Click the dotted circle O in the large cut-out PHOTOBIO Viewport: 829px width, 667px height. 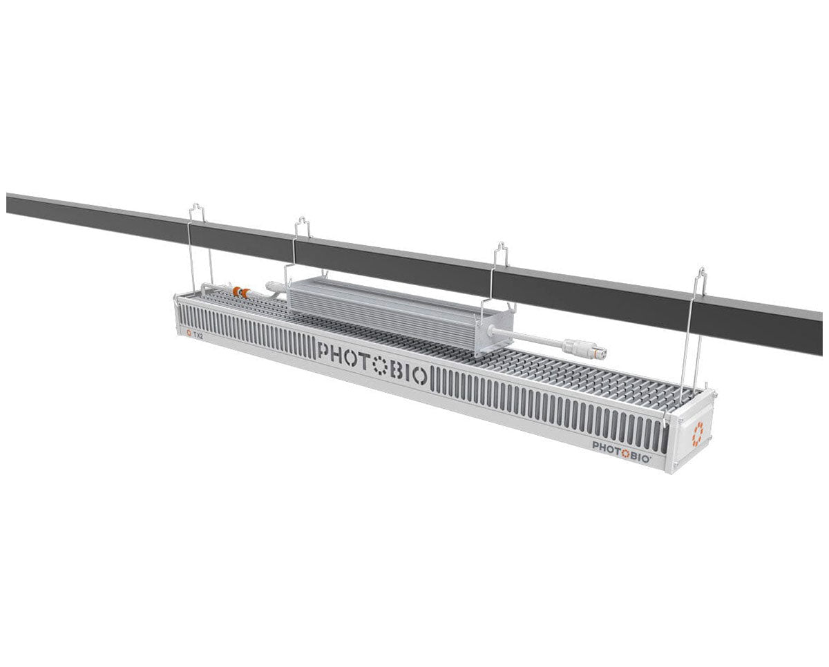[379, 365]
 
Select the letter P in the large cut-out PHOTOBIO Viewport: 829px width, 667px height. [323, 351]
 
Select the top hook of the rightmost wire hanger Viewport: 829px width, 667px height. [701, 278]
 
